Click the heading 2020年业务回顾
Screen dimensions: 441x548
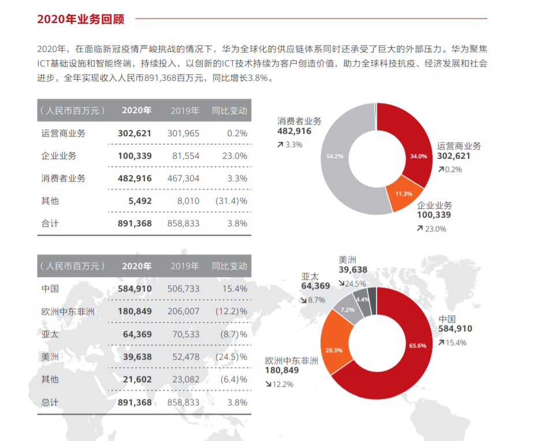pyautogui.click(x=81, y=18)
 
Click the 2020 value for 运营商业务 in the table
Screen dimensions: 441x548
pyautogui.click(x=134, y=133)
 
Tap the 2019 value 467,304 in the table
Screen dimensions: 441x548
pyautogui.click(x=183, y=178)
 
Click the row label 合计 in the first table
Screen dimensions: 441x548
pyautogui.click(x=50, y=223)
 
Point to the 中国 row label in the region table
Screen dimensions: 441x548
pyautogui.click(x=50, y=289)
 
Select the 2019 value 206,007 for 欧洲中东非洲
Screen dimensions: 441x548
pyautogui.click(x=183, y=312)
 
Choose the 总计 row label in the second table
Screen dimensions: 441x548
pyautogui.click(x=50, y=402)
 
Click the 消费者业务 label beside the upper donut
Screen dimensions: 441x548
pyautogui.click(x=299, y=121)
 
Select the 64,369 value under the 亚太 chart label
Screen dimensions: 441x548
pyautogui.click(x=315, y=286)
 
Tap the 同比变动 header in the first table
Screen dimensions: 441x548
pyautogui.click(x=229, y=110)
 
